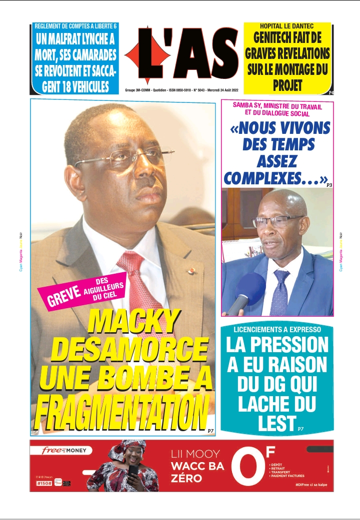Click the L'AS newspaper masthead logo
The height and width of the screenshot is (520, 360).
coord(182,55)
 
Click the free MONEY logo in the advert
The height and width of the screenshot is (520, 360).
coord(64,450)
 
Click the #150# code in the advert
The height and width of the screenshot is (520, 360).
coord(44,483)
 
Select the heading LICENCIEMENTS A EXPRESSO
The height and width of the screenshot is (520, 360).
coord(277,330)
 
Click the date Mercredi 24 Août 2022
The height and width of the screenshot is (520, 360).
coord(216,90)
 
